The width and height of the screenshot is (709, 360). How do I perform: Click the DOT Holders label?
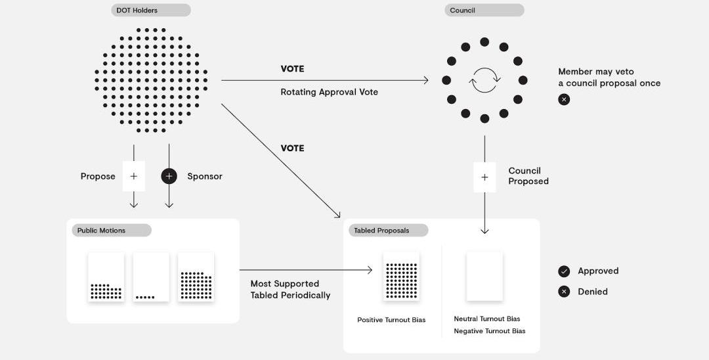pos(151,11)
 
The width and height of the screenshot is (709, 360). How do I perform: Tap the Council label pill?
pos(484,11)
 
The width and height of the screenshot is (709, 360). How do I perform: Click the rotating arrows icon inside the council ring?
pos(484,80)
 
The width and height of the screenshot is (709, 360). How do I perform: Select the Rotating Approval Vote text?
pos(329,92)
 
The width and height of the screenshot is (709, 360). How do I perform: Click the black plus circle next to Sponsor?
pos(169,176)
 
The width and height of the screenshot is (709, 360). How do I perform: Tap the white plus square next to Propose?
pos(134,176)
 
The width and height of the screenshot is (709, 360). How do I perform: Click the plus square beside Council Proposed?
pos(484,177)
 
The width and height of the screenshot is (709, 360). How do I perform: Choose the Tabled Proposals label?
pos(388,231)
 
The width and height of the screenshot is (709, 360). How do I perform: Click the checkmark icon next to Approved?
pos(564,271)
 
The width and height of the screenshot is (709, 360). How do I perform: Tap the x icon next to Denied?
pos(564,292)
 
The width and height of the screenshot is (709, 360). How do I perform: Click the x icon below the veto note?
pos(564,100)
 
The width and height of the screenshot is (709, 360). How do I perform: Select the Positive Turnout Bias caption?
pos(391,320)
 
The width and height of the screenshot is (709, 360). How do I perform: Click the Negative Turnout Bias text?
pos(490,331)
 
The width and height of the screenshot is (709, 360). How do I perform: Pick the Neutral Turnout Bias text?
pos(487,319)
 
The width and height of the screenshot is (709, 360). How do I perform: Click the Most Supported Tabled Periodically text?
pos(290,290)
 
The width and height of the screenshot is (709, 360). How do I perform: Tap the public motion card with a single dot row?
pos(151,277)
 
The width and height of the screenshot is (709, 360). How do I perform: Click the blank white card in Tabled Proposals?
pos(484,277)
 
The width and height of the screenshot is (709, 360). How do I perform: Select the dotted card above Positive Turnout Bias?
pos(401,277)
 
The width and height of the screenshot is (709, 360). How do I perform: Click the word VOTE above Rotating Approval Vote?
pos(292,69)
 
